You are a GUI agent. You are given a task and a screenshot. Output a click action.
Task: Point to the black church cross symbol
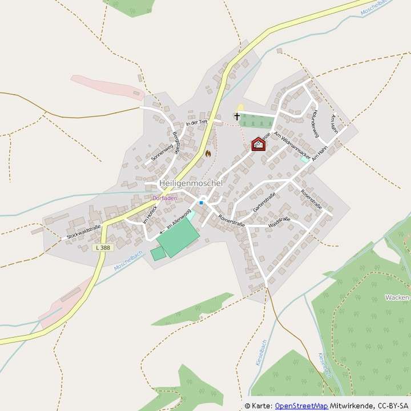point(237,117)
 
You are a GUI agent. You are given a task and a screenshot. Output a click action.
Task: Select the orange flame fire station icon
point(208,153)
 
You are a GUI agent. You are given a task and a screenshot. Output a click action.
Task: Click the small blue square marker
point(201,202)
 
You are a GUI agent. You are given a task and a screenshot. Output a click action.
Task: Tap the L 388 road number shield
point(103,247)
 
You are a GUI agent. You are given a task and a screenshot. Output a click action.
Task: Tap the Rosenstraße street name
point(311,200)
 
